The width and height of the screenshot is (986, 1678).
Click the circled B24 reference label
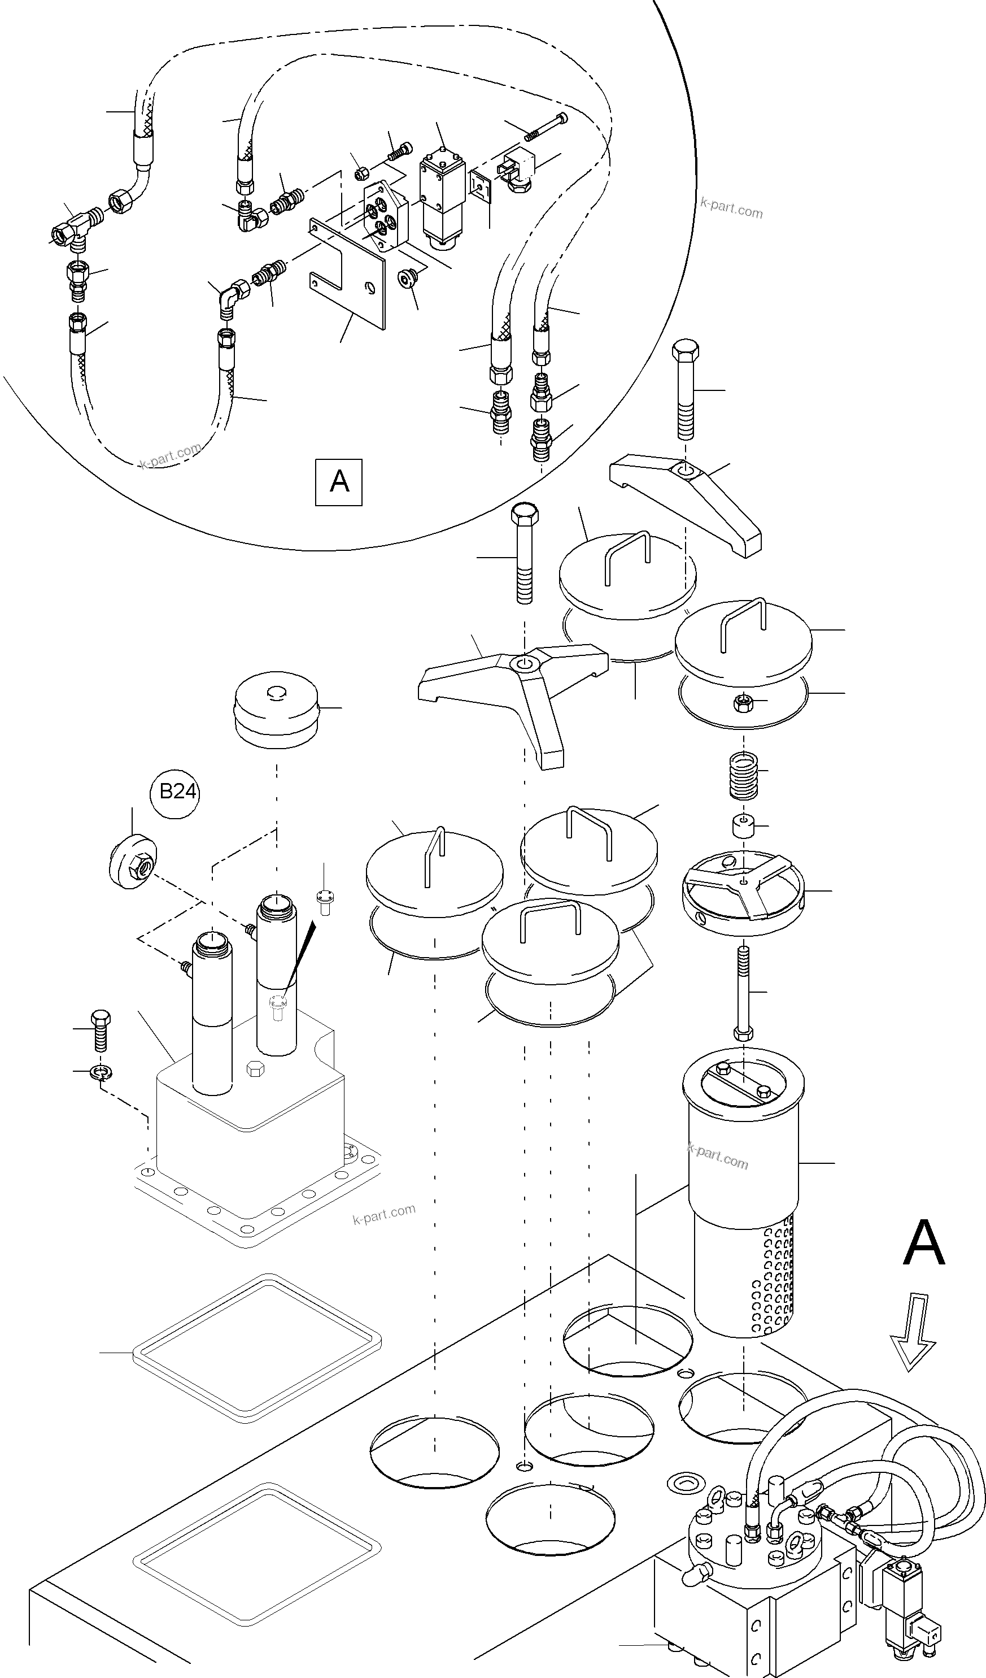pos(175,792)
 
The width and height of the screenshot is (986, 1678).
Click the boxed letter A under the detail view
pos(339,481)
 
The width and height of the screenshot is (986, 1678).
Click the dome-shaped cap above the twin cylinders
pos(276,709)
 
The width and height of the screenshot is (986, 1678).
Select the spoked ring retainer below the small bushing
pos(743,886)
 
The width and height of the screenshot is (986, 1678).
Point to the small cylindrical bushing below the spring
pos(743,827)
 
